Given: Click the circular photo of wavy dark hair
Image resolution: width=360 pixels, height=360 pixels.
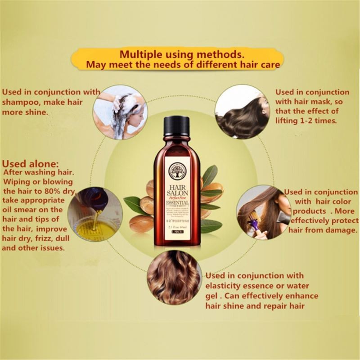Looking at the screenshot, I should [x=242, y=110].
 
